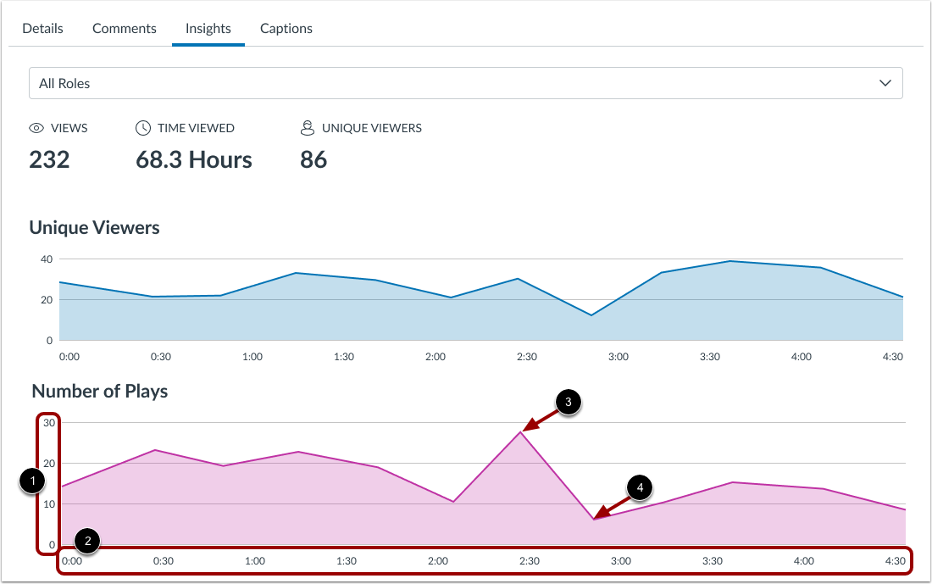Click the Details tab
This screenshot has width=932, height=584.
point(42,28)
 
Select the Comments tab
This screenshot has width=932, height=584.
point(125,28)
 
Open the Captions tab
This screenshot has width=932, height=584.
point(286,28)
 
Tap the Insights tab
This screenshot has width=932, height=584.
point(208,28)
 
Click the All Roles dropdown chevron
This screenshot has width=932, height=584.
point(885,83)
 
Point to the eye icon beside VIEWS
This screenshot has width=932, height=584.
point(36,128)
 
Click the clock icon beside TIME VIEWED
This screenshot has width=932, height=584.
point(143,128)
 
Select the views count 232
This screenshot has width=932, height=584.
point(49,159)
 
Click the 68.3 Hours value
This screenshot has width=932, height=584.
point(194,159)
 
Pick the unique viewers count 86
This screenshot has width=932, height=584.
point(313,159)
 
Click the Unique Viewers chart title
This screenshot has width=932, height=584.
point(94,227)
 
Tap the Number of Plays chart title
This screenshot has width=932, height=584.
point(99,391)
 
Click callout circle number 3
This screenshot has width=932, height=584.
point(568,403)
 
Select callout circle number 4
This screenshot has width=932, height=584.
point(640,488)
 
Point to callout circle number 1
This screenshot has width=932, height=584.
point(32,481)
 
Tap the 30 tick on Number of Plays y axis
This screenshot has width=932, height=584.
point(48,423)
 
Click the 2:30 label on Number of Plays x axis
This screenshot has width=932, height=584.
point(529,561)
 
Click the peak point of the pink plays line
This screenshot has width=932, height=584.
point(520,432)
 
